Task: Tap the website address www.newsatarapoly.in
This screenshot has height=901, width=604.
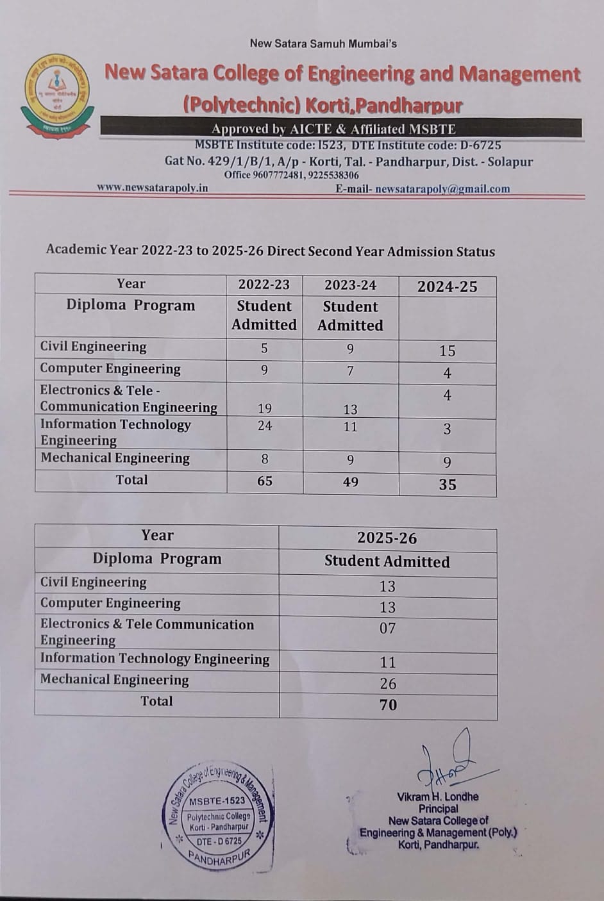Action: click(x=153, y=188)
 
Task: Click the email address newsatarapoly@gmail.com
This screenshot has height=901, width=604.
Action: click(x=442, y=189)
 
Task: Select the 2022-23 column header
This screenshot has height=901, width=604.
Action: click(x=264, y=285)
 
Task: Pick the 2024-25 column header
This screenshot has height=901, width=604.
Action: click(x=447, y=286)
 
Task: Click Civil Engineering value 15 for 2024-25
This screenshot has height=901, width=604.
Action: click(x=447, y=351)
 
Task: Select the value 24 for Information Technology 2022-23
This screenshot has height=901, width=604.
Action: click(x=264, y=426)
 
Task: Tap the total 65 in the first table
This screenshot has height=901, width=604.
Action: click(x=264, y=481)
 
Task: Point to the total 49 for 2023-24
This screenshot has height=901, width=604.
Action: click(x=350, y=482)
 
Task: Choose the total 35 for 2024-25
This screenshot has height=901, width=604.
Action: click(x=447, y=484)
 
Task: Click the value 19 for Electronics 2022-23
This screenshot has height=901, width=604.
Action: click(x=264, y=408)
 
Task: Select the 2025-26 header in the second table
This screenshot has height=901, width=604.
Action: click(x=387, y=538)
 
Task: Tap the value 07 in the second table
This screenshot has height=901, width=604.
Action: click(x=387, y=629)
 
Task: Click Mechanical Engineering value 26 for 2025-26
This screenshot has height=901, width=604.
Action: click(x=387, y=684)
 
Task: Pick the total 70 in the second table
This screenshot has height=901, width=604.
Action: click(x=387, y=705)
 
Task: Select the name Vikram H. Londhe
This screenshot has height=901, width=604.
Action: click(x=437, y=797)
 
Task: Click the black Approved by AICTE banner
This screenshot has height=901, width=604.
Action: click(x=340, y=129)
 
